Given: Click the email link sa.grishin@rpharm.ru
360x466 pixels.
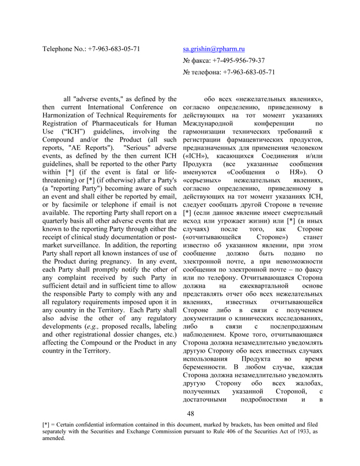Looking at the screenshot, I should click(213, 49).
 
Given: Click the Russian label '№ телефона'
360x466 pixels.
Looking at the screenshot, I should click(204, 72).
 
